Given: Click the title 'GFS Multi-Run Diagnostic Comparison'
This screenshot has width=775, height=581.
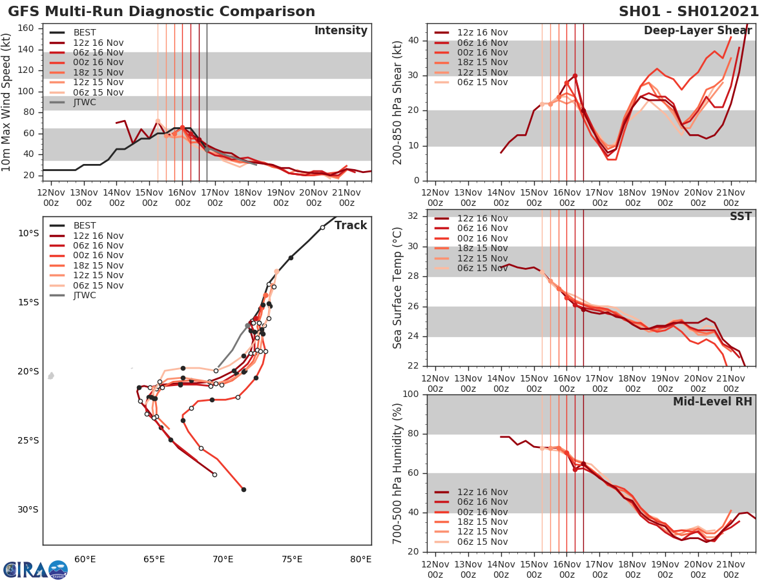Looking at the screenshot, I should (x=161, y=12).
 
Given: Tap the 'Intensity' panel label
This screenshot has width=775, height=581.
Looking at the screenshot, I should (x=340, y=31).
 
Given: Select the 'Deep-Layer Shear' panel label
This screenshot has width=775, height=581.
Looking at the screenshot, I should (x=697, y=31).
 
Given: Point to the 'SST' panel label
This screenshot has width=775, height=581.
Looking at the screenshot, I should (x=741, y=216).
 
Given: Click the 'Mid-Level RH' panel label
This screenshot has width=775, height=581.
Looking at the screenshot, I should (x=712, y=402).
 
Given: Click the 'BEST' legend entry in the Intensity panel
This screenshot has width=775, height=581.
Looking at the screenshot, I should (x=85, y=33).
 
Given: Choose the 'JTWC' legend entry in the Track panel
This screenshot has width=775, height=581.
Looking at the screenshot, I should (x=85, y=296).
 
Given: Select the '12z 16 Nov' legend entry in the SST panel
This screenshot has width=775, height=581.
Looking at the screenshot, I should (x=482, y=219).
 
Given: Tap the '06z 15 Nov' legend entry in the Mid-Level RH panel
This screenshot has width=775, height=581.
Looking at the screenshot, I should (x=482, y=542).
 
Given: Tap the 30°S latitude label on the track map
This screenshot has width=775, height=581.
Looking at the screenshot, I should (x=28, y=510).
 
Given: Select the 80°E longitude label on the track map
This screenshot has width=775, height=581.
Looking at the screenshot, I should (x=360, y=559).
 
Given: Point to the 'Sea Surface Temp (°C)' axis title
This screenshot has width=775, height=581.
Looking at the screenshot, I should (x=398, y=288).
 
